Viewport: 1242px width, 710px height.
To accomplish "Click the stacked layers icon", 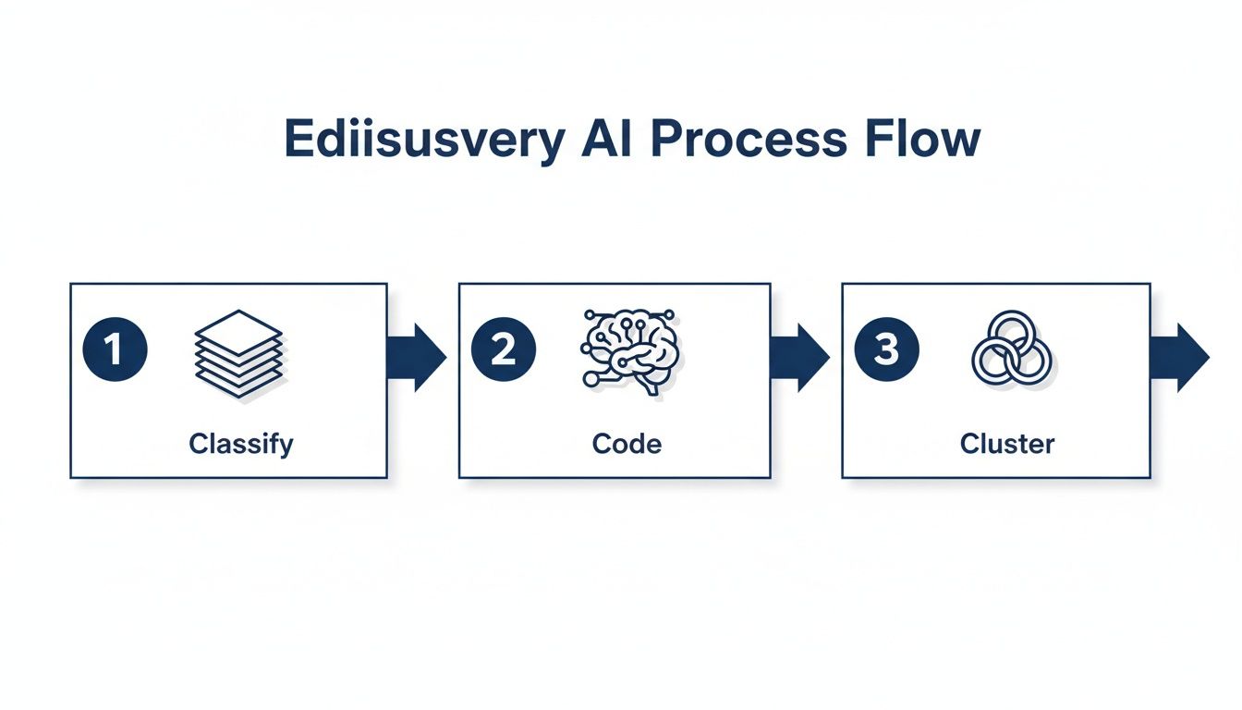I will click(x=238, y=353).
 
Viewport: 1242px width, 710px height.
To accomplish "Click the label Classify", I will click(x=241, y=444).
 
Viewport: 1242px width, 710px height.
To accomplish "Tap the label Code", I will click(x=627, y=444).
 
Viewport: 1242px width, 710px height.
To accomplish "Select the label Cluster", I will click(x=1007, y=444).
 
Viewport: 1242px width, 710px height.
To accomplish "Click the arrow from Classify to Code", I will click(x=417, y=357).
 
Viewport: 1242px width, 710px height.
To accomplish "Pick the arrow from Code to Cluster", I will click(x=800, y=357).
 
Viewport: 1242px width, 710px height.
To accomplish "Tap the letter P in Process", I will click(x=666, y=139).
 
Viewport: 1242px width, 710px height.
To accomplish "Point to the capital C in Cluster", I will click(x=969, y=444).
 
